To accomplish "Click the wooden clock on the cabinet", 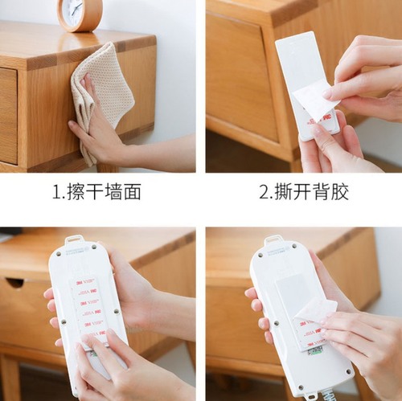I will tap(80, 14).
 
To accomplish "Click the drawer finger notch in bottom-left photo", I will tap(14, 282).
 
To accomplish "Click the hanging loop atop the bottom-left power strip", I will tap(75, 239).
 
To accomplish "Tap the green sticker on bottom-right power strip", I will tap(315, 350).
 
